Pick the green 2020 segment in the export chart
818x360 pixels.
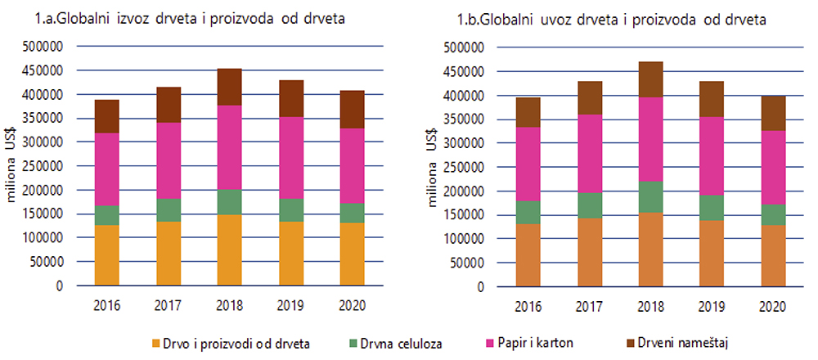[352, 213]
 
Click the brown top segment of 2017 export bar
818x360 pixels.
[168, 105]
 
